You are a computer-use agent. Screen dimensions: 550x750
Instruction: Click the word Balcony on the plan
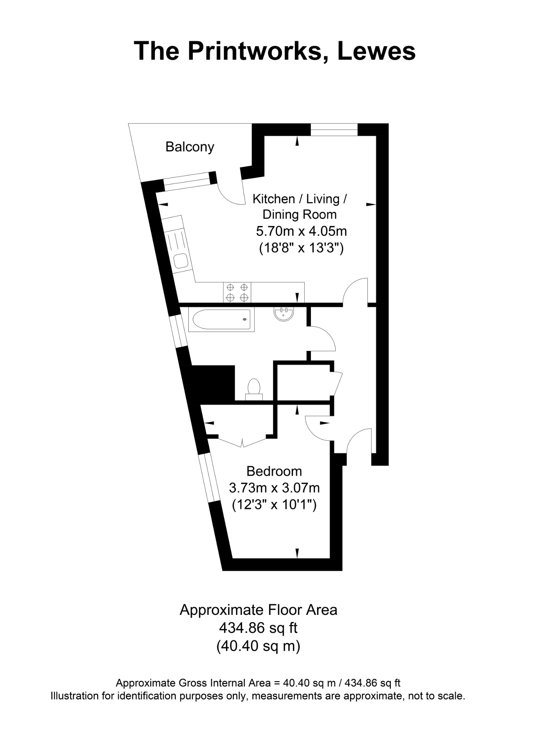190,147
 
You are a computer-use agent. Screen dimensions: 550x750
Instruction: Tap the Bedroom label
274,471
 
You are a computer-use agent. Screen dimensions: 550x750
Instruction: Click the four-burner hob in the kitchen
237,292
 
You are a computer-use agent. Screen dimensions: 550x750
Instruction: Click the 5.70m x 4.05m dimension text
301,231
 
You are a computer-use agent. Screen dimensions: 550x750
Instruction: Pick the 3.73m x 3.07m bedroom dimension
274,488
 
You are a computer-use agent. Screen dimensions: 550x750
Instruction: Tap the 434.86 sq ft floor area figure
258,628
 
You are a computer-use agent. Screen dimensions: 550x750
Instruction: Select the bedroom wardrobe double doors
242,441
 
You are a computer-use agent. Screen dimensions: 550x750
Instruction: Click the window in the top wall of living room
334,130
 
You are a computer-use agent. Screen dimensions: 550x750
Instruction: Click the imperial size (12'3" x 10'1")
274,505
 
